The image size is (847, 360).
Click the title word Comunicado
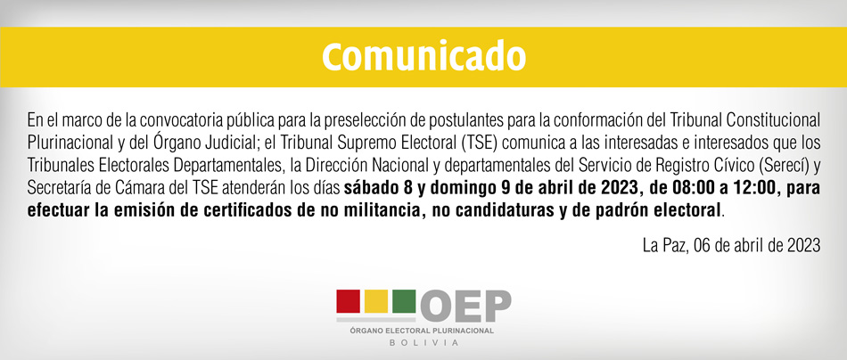coord(423,56)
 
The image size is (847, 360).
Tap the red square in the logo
coord(349,301)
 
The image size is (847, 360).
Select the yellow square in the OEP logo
coord(376,301)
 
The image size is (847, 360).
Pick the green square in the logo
coord(404,301)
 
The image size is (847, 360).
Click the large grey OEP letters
coord(465,306)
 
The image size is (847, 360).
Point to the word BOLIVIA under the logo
coord(423,343)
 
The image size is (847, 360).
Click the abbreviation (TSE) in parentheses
coord(478,143)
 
